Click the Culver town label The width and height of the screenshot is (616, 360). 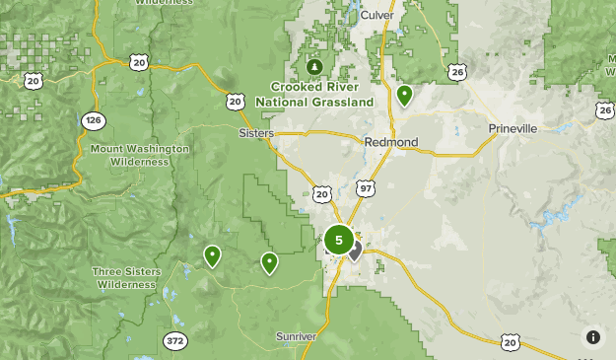pos(376,16)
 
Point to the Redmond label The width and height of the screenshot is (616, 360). pos(391,142)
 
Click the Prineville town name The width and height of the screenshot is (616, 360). pos(513,129)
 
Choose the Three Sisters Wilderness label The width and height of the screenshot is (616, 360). pos(124,277)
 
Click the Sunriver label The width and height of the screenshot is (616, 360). pos(296,336)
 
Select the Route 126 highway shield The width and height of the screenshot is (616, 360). pos(93,120)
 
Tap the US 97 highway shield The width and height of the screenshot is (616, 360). pos(367,187)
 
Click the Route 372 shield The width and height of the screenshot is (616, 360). pos(174,340)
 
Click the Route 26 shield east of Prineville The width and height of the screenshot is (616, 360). pos(603,110)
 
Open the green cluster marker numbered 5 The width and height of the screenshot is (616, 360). pos(339,239)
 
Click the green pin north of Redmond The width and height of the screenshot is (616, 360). pos(404,96)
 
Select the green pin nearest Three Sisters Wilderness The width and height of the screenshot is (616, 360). pos(212,256)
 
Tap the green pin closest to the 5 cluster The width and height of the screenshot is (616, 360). pos(269,262)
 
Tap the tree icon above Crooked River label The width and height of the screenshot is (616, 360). pos(314,67)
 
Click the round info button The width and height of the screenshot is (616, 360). pos(592,337)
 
